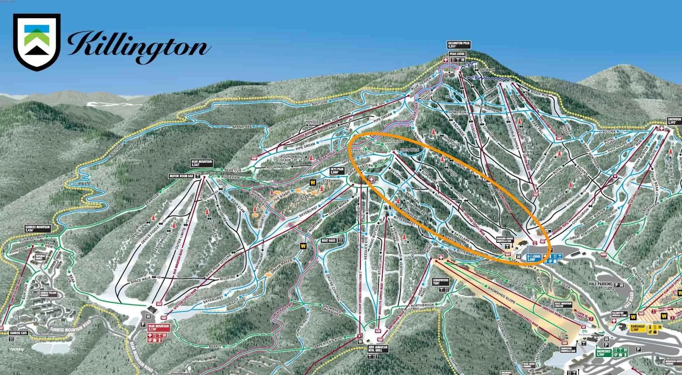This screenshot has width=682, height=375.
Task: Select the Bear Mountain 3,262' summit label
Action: [201, 163]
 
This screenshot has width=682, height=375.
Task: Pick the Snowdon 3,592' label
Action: [674, 120]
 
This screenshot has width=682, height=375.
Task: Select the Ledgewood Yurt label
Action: [441, 281]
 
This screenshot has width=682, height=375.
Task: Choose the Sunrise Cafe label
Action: [18, 332]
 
